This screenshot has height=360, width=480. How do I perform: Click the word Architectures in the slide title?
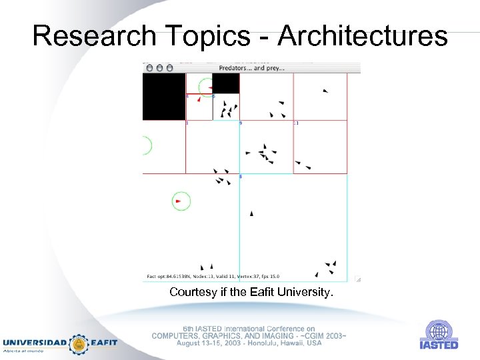[363, 36]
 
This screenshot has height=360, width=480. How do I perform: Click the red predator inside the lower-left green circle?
[178, 201]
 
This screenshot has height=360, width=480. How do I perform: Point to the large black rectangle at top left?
[163, 97]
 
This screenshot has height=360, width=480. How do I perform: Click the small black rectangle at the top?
[226, 83]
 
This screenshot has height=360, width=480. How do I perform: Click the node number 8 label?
[241, 177]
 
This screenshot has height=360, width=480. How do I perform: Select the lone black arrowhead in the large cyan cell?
[251, 213]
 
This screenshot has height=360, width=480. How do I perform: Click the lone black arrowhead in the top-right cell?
[325, 91]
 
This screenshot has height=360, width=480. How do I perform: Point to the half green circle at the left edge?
[147, 145]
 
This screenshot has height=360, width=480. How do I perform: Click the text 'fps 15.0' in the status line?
[269, 277]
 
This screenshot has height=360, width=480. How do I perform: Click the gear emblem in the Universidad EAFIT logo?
[79, 343]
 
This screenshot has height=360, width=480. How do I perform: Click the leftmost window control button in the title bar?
[149, 67]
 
